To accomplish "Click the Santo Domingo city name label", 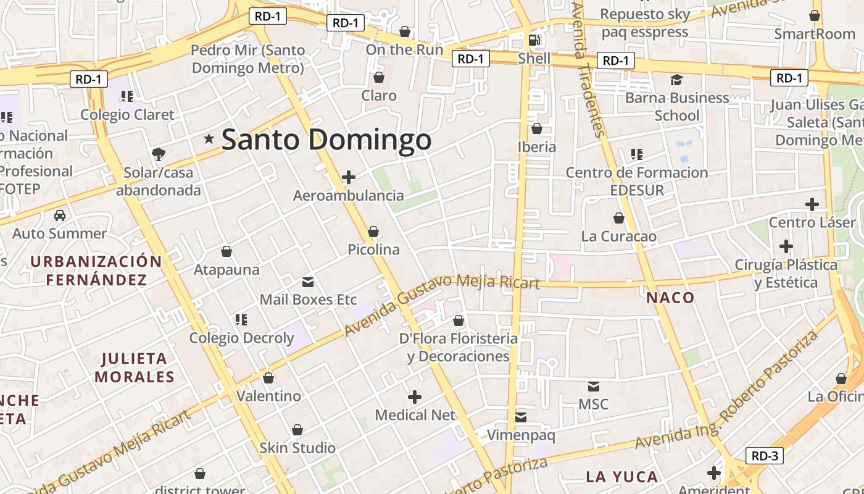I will [x=326, y=140].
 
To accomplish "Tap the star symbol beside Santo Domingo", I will [x=209, y=140].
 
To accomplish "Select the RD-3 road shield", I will [x=765, y=456].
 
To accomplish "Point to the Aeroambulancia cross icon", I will [x=349, y=177].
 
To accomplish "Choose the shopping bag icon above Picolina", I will [x=373, y=232].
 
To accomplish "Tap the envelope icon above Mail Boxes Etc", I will [x=308, y=282].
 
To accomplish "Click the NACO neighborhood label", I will [x=670, y=298].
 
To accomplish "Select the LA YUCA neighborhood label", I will [x=622, y=477].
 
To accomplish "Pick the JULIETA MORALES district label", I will [x=135, y=367].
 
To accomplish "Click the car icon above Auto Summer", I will [x=60, y=216].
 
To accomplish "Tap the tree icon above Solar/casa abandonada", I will [x=159, y=154].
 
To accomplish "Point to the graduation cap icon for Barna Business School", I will [x=677, y=80].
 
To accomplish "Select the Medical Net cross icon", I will [x=415, y=396].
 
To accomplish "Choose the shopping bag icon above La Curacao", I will [x=619, y=218].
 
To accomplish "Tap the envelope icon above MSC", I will [x=594, y=387].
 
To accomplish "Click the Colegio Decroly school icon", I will [x=241, y=319].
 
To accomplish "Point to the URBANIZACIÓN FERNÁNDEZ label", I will [x=96, y=270].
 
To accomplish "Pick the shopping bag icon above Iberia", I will [x=537, y=128].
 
